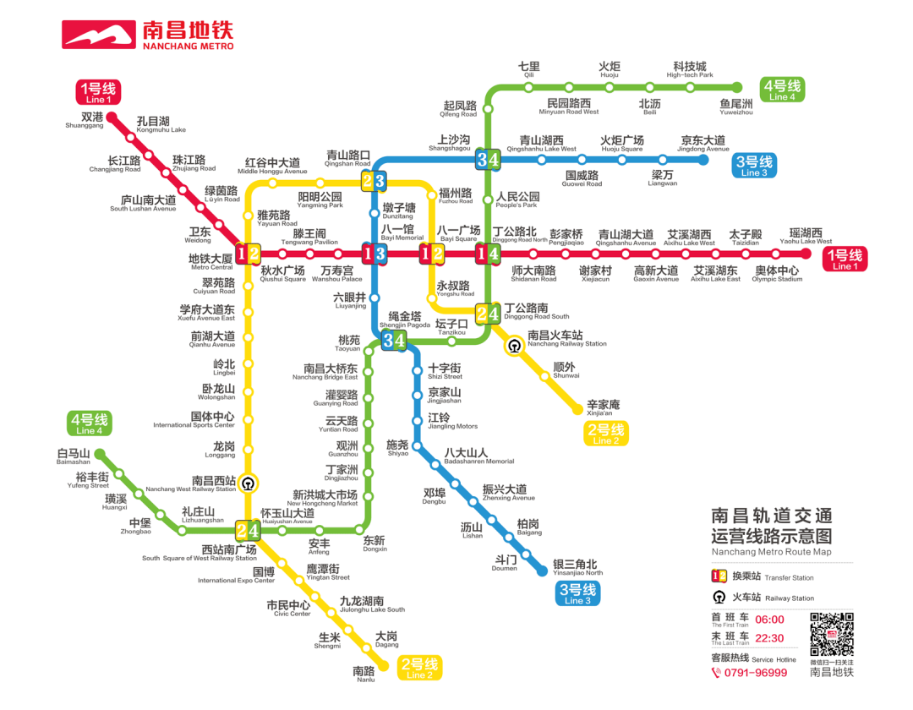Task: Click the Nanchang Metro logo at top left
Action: pyautogui.click(x=147, y=35)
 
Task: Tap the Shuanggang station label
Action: pyautogui.click(x=85, y=119)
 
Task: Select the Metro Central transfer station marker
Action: pyautogui.click(x=248, y=253)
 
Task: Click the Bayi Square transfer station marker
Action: pyautogui.click(x=433, y=253)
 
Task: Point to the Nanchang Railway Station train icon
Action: pyautogui.click(x=514, y=345)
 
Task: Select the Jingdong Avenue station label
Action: pyautogui.click(x=703, y=143)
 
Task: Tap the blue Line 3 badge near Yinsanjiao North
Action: pyautogui.click(x=578, y=594)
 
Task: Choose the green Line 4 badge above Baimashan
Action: pyautogui.click(x=89, y=423)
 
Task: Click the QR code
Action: pyautogui.click(x=832, y=635)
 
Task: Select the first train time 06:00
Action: pyautogui.click(x=769, y=620)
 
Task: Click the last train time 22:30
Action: pyautogui.click(x=769, y=638)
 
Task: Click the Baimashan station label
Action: pyautogui.click(x=74, y=457)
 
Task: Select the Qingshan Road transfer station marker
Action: pyautogui.click(x=374, y=180)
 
